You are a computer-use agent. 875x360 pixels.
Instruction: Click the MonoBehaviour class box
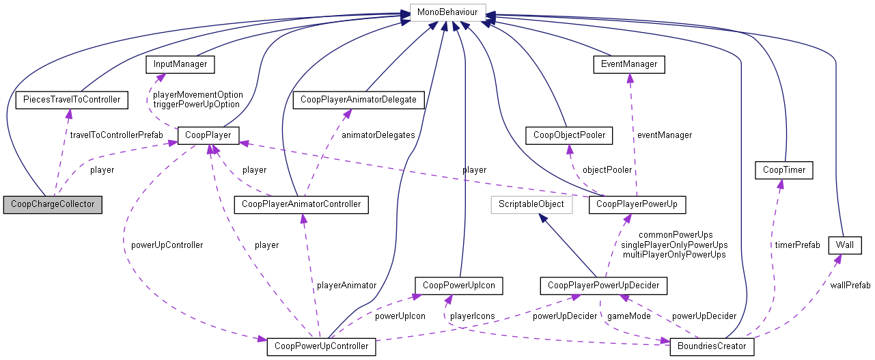point(447,12)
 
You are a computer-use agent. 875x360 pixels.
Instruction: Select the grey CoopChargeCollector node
point(53,204)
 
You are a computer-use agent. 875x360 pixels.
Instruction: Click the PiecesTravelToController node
point(72,100)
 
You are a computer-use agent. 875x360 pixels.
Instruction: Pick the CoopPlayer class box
point(208,135)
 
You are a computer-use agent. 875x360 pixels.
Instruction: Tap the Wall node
point(844,244)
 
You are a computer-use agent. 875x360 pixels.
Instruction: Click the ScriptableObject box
point(531,204)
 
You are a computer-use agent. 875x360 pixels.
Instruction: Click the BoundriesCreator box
point(712,346)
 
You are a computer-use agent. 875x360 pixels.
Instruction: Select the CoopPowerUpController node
point(321,346)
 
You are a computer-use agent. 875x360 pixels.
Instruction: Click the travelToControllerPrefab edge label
point(116,135)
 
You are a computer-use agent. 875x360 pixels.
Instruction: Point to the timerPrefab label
point(796,245)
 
